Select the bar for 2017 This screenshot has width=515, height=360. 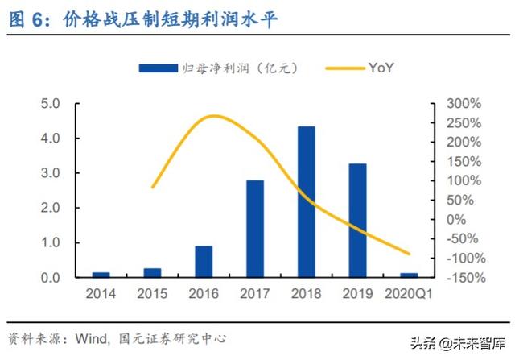255,229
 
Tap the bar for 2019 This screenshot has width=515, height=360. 357,220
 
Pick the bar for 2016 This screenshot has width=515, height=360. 204,261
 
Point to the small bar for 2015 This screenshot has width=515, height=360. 152,272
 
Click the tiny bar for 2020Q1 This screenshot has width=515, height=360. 409,275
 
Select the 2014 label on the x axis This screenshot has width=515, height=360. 101,294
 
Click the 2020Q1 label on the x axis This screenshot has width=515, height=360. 409,294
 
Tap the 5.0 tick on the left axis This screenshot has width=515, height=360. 51,104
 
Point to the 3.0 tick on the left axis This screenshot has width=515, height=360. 51,173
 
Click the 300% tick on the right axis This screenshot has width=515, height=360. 464,104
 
